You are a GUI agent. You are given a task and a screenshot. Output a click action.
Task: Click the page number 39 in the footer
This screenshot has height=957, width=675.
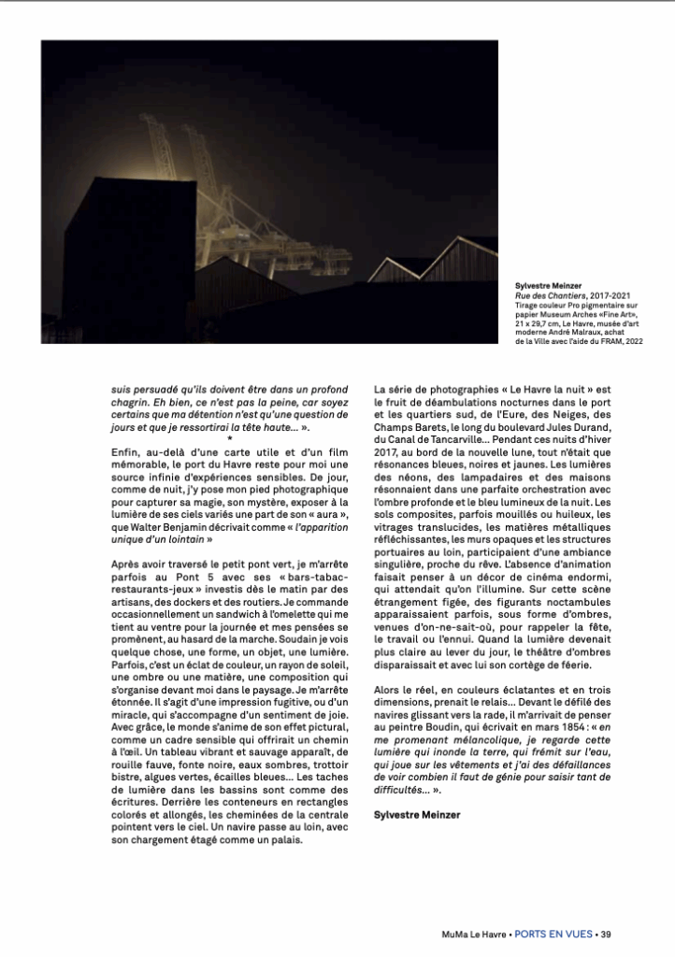(x=606, y=934)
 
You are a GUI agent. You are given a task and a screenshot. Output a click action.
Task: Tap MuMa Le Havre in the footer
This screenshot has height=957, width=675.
(x=475, y=934)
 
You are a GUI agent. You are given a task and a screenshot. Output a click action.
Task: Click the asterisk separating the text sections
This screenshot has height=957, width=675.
(x=230, y=437)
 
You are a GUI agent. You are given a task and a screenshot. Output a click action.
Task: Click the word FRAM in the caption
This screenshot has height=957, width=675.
(x=609, y=341)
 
